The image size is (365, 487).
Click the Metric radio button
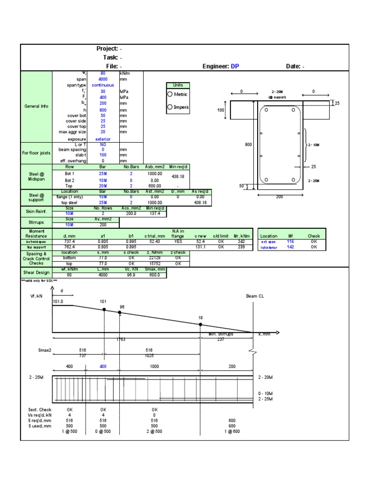[x=171, y=94]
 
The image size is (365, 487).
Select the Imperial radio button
[x=171, y=107]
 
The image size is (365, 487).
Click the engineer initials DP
[x=235, y=67]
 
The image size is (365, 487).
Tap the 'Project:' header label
[x=107, y=49]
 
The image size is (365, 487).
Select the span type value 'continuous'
[x=103, y=85]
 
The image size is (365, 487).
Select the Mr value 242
[x=241, y=242]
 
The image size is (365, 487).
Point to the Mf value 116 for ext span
[x=291, y=242]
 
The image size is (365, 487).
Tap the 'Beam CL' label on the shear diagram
[x=255, y=296]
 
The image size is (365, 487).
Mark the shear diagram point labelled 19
[x=200, y=324]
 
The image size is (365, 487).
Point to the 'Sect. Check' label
[x=39, y=409]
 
